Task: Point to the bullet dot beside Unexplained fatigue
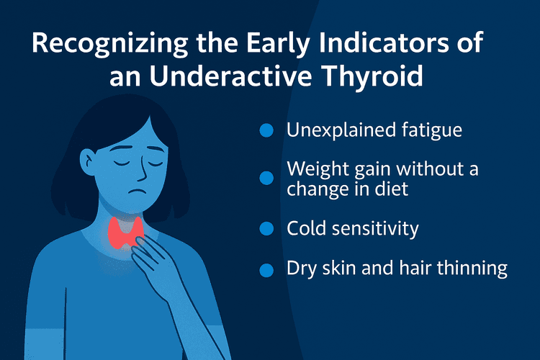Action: click(266, 130)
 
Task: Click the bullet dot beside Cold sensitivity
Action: click(266, 228)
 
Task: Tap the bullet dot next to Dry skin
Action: click(266, 270)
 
